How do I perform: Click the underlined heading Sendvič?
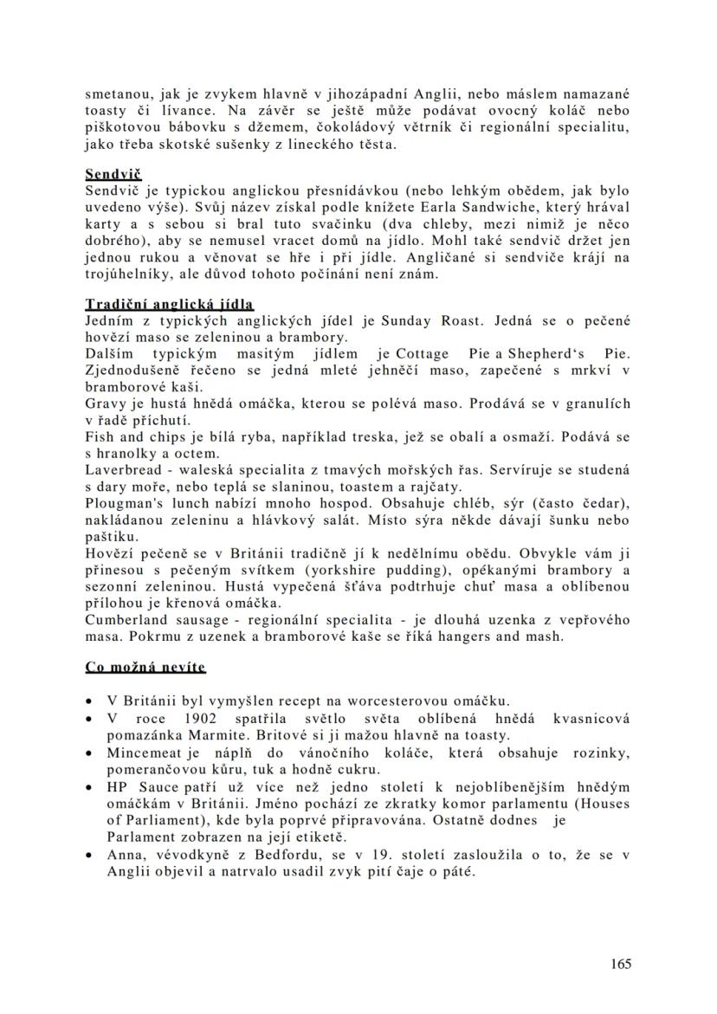click(x=113, y=175)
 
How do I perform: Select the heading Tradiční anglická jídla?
click(x=169, y=305)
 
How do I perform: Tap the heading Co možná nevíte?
click(x=145, y=667)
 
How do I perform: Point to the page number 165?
click(x=620, y=964)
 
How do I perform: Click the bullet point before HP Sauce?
click(x=90, y=787)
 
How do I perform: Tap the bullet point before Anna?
click(x=90, y=855)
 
